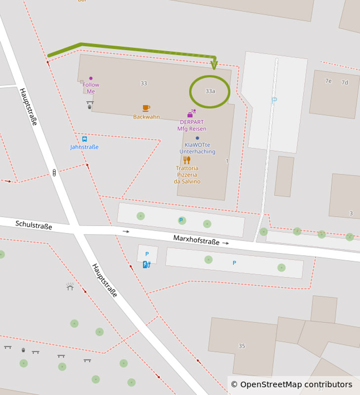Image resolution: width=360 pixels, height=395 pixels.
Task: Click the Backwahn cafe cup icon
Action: pos(146,108)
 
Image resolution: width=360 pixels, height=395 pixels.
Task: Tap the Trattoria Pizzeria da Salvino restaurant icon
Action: pos(187,160)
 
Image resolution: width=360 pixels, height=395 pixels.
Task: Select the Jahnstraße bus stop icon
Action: pos(84,139)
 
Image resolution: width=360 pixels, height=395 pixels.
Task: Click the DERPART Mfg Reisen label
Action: pos(192,125)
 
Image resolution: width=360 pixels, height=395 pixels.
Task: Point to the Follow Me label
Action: pos(91,88)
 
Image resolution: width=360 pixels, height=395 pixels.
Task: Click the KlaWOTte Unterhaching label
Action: pos(197,148)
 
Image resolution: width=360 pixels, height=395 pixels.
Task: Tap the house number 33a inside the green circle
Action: pos(210,91)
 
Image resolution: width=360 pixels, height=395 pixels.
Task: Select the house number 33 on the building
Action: pos(143,83)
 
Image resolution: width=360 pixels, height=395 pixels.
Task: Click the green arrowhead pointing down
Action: pos(214,65)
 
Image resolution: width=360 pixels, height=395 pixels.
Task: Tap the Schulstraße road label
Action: pos(34,225)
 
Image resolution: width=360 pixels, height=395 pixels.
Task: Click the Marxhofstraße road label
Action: pos(196,240)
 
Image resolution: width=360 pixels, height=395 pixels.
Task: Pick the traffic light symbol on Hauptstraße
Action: pos(54,172)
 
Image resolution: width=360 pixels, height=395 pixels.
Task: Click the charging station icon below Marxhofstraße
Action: pos(146,265)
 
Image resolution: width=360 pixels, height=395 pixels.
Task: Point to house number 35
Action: pos(241,346)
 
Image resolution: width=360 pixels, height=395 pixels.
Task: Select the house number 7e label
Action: pos(328,81)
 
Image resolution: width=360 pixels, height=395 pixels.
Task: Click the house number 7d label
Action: pos(345,82)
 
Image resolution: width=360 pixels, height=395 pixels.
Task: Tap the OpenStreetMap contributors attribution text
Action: pos(291,385)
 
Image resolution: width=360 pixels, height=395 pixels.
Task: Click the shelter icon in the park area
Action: pos(70,286)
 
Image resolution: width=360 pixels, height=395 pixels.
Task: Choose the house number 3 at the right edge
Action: pos(351,213)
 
